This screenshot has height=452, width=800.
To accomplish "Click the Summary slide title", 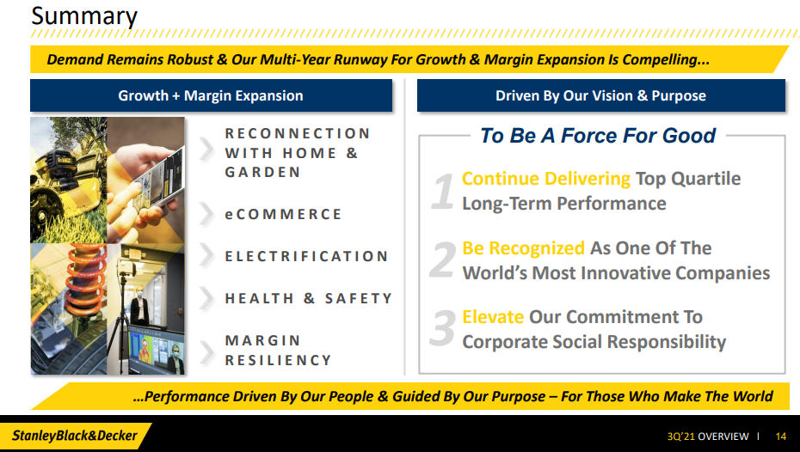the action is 84,16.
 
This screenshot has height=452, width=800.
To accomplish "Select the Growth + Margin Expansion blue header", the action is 211,95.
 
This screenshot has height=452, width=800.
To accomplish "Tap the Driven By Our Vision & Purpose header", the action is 600,95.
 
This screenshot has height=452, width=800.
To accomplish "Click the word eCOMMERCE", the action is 283,214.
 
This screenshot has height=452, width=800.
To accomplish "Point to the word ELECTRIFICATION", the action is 306,256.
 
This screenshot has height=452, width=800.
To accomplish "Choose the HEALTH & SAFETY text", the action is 309,298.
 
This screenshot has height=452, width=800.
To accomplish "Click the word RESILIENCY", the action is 279,360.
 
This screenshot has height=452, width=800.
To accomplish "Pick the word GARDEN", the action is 262,172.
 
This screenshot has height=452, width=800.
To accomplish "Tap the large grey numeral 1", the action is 442,191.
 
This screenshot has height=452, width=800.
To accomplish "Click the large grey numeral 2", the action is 442,260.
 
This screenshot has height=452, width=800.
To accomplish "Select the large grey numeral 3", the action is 442,328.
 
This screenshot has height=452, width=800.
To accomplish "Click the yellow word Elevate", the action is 493,317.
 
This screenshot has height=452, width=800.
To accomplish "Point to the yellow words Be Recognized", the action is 524,248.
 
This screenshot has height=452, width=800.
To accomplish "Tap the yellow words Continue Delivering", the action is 546,179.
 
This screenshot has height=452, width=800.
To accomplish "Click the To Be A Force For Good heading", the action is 598,136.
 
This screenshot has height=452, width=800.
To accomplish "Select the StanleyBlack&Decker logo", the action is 75,436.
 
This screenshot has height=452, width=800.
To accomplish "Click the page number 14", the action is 780,437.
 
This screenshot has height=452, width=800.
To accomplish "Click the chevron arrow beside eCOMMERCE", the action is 206,213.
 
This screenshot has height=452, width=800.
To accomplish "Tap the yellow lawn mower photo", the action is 68,180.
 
